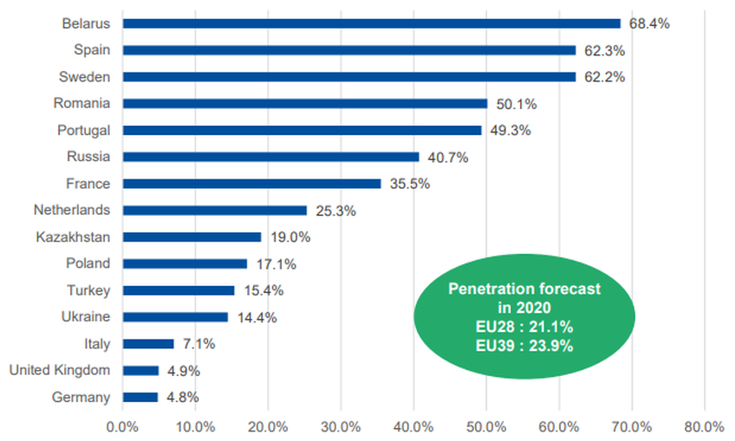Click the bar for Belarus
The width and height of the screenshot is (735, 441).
tap(371, 23)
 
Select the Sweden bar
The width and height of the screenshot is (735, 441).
tap(348, 76)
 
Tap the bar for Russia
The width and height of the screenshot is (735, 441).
tap(270, 157)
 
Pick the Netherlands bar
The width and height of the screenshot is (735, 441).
tap(214, 210)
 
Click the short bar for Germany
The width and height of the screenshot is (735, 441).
tap(140, 397)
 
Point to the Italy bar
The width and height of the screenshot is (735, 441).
tap(148, 343)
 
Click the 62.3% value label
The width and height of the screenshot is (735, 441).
tap(604, 50)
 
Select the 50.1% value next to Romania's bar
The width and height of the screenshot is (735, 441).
tap(516, 104)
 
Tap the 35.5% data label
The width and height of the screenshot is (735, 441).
tap(409, 184)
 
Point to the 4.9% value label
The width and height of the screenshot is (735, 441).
tap(182, 371)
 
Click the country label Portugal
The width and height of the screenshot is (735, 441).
tap(85, 130)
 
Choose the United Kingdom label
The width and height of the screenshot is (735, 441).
tap(60, 371)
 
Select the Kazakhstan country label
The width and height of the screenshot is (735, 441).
tap(74, 237)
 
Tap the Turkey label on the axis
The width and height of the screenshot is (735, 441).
tap(88, 290)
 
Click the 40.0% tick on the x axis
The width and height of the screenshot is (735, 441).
tap(413, 426)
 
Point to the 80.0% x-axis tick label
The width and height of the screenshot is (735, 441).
tap(703, 426)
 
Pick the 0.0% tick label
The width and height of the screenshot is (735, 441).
tap(122, 426)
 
